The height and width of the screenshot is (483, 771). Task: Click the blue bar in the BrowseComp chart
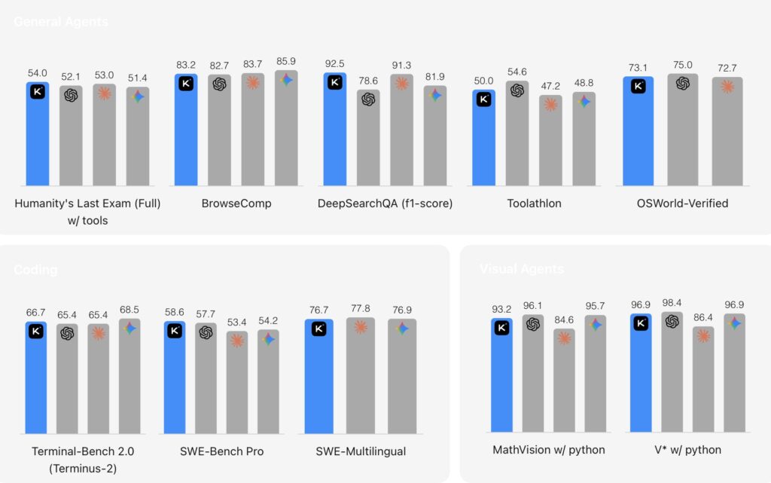point(186,132)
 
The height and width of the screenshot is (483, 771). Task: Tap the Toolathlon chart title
point(534,203)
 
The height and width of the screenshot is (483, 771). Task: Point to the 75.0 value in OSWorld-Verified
point(683,65)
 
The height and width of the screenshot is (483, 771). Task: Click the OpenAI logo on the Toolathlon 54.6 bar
point(517,90)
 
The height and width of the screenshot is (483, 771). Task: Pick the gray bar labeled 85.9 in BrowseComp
point(286,132)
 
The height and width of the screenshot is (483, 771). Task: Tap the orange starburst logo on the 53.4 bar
point(237,341)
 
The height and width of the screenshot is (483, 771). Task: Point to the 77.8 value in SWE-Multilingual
point(360,309)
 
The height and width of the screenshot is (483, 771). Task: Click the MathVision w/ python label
point(549,450)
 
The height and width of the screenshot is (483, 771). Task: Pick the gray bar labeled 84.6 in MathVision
point(564,384)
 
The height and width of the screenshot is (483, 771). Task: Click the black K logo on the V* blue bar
point(641,323)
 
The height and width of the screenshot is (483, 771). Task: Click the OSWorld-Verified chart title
point(682,203)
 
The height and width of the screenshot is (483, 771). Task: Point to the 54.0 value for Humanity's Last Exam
point(38,73)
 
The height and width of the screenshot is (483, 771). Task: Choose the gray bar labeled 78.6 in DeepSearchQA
point(368,139)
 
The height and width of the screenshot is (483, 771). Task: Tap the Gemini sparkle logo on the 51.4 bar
point(137,96)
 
